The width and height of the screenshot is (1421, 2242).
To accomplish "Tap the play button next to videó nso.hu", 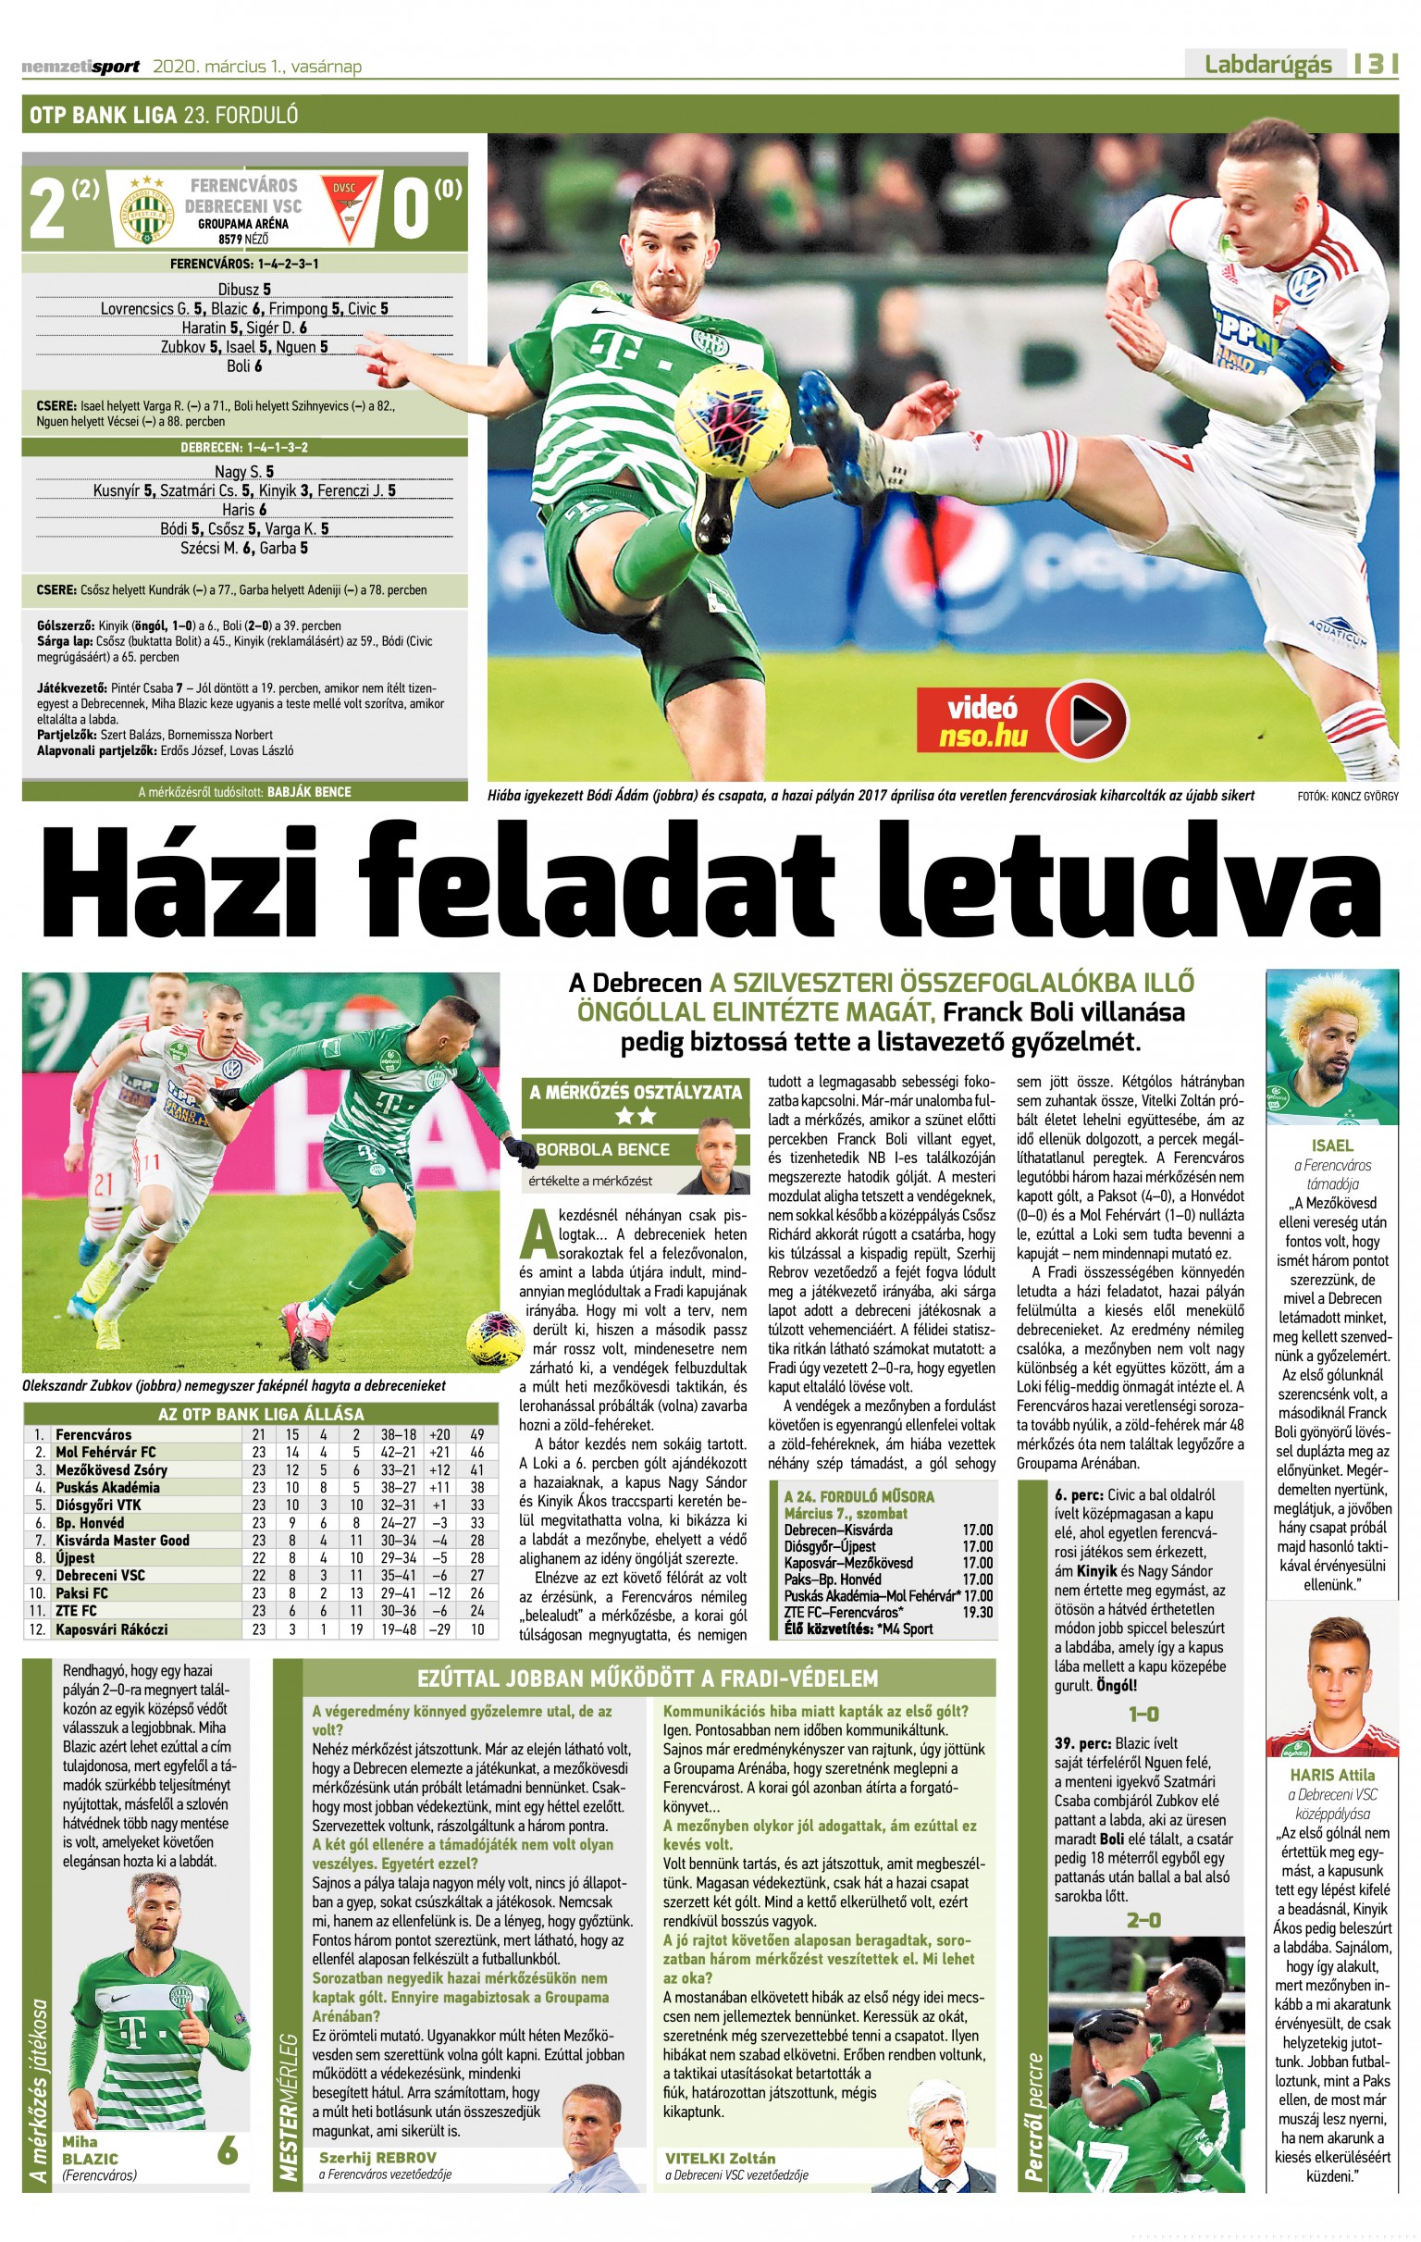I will tap(1087, 720).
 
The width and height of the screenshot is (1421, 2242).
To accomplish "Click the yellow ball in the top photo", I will tap(730, 411).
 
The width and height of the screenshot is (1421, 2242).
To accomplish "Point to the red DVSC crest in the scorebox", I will tap(344, 207).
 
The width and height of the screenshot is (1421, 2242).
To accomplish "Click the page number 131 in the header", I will tap(1377, 64).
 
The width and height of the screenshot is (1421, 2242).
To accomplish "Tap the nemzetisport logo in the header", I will tap(81, 66).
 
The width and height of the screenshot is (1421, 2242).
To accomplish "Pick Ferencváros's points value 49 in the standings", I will tap(476, 1435).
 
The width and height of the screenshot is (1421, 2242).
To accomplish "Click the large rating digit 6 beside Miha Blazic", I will tap(228, 2150).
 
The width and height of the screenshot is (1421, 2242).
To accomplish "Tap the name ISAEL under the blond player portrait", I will tap(1331, 1146).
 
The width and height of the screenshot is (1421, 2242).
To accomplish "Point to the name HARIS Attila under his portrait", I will tap(1331, 1776).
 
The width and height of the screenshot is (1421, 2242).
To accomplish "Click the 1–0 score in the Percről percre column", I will tap(1143, 1714).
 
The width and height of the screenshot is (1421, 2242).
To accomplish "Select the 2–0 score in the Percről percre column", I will tap(1143, 1920).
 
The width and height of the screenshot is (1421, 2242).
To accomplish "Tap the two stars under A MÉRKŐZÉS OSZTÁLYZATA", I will tap(635, 1114).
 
